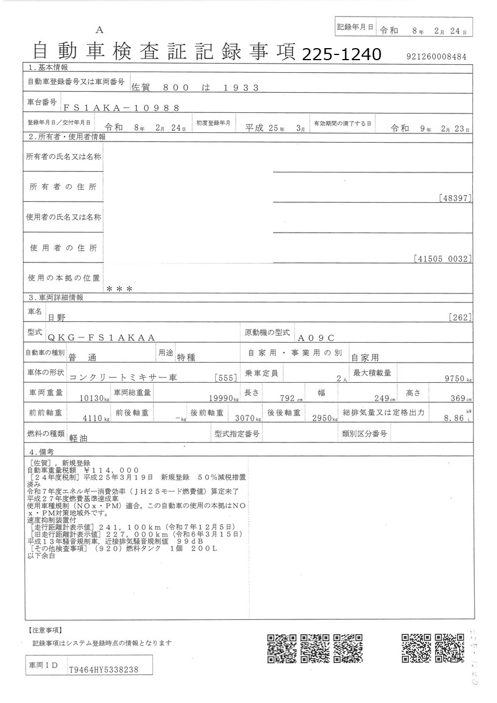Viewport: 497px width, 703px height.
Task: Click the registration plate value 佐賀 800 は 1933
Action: [195, 88]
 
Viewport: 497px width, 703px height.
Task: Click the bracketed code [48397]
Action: [455, 198]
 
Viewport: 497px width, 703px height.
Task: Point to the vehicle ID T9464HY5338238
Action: [103, 669]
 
